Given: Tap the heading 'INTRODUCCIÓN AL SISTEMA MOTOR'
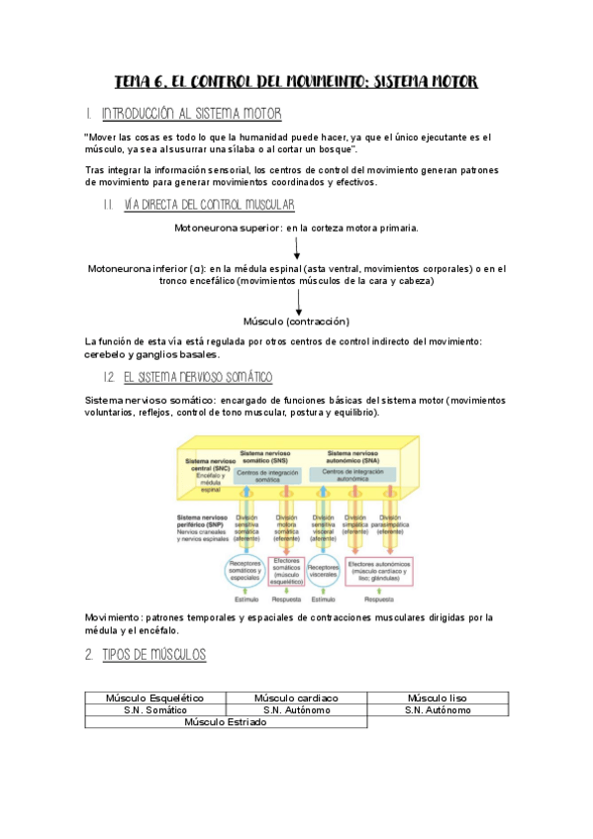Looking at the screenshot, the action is click(198, 115).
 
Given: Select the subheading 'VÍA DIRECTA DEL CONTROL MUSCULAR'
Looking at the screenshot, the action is click(209, 205).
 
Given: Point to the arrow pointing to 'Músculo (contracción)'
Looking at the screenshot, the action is click(298, 303).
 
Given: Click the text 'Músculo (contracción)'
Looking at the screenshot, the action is click(297, 322).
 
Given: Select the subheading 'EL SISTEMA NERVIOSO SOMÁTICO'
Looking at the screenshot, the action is click(199, 378).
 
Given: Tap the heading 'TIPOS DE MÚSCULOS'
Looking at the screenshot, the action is click(154, 655).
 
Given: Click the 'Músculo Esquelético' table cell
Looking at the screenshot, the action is click(154, 698).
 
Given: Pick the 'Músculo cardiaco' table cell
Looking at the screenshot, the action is click(296, 698).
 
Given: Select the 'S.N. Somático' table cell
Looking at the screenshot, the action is click(154, 710).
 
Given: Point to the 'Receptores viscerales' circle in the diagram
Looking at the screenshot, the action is click(323, 571).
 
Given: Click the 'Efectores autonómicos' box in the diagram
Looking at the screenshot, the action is click(380, 571).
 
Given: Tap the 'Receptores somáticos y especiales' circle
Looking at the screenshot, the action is click(244, 571).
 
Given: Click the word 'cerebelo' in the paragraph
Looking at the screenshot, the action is click(113, 354).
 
